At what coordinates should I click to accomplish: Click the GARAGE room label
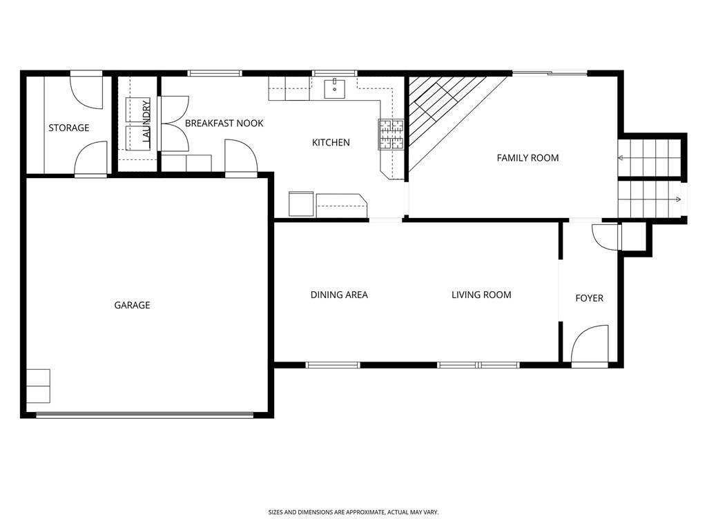click(x=132, y=305)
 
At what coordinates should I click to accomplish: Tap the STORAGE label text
click(x=68, y=128)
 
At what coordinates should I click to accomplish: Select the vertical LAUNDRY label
click(x=146, y=122)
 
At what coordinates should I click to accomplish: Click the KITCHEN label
click(x=331, y=143)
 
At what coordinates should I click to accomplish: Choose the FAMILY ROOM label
click(x=527, y=158)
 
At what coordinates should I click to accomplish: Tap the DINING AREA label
click(x=338, y=295)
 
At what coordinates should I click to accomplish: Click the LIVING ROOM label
click(x=481, y=295)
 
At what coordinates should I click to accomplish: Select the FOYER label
click(x=589, y=298)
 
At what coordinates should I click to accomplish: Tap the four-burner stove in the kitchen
click(x=390, y=135)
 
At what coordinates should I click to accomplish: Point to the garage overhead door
click(x=145, y=415)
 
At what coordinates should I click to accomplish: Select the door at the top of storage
click(x=87, y=90)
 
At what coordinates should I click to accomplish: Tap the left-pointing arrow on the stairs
click(x=621, y=159)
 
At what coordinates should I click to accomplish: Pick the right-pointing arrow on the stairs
click(x=679, y=200)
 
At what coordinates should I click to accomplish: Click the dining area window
click(x=333, y=364)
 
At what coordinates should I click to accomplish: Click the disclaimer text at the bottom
click(x=353, y=512)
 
